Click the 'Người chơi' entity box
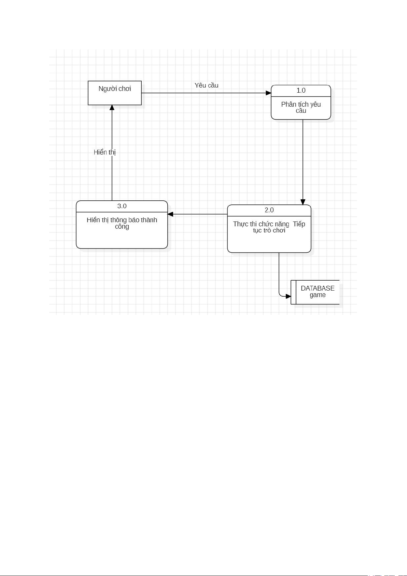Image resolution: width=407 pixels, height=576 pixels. [x=114, y=93]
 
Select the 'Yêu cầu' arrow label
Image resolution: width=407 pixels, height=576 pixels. [x=207, y=85]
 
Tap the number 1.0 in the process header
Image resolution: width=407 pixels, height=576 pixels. [x=301, y=91]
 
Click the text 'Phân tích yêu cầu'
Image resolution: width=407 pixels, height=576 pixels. [x=301, y=107]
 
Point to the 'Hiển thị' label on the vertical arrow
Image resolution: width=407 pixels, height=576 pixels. [x=104, y=152]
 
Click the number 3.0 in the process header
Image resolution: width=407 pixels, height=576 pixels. [x=122, y=206]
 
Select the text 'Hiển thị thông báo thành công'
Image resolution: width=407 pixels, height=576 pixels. [x=122, y=223]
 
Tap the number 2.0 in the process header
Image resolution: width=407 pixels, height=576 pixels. [x=269, y=210]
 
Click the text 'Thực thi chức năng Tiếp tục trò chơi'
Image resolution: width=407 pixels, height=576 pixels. [x=269, y=227]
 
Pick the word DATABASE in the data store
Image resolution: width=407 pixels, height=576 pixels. [x=318, y=288]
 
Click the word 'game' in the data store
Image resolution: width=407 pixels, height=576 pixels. [x=318, y=295]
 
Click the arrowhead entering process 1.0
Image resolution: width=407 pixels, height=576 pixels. [x=268, y=93]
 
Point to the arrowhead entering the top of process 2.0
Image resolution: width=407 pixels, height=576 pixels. [x=303, y=202]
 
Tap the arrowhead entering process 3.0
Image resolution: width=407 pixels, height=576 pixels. [x=170, y=214]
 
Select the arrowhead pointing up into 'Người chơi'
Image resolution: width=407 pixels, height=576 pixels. [x=112, y=107]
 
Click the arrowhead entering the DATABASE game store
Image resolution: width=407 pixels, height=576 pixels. [x=288, y=296]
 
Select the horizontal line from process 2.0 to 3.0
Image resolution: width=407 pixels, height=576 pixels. [x=197, y=214]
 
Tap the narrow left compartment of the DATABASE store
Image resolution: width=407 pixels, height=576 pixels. [x=293, y=292]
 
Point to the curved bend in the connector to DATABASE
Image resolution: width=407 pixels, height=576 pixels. [x=280, y=295]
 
